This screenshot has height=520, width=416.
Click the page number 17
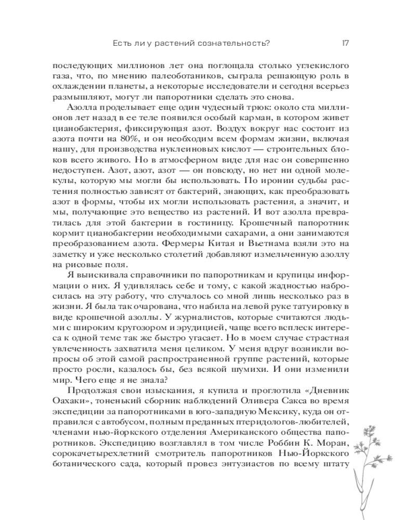(345, 43)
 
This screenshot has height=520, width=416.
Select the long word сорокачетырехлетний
(110, 459)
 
